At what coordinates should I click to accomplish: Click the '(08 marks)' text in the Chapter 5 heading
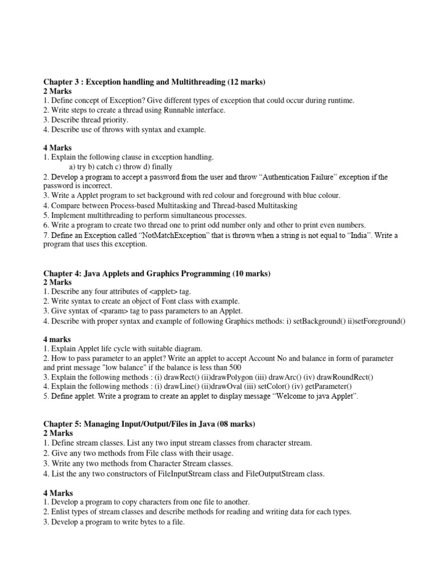[235, 424]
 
